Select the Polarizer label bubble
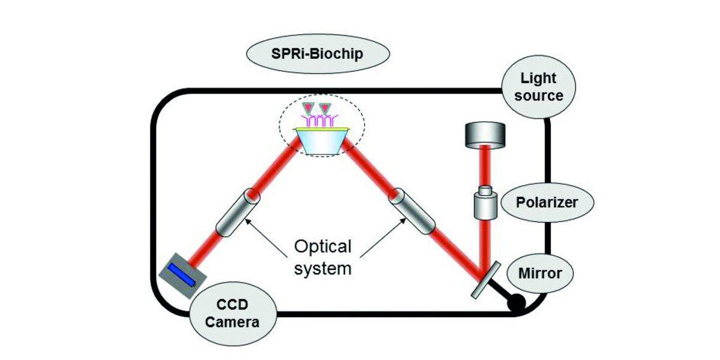(x=547, y=202)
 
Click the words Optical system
(x=322, y=257)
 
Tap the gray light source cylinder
(x=485, y=135)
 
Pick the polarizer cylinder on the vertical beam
(x=487, y=203)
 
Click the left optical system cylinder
(x=236, y=212)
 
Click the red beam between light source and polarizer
(x=485, y=168)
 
